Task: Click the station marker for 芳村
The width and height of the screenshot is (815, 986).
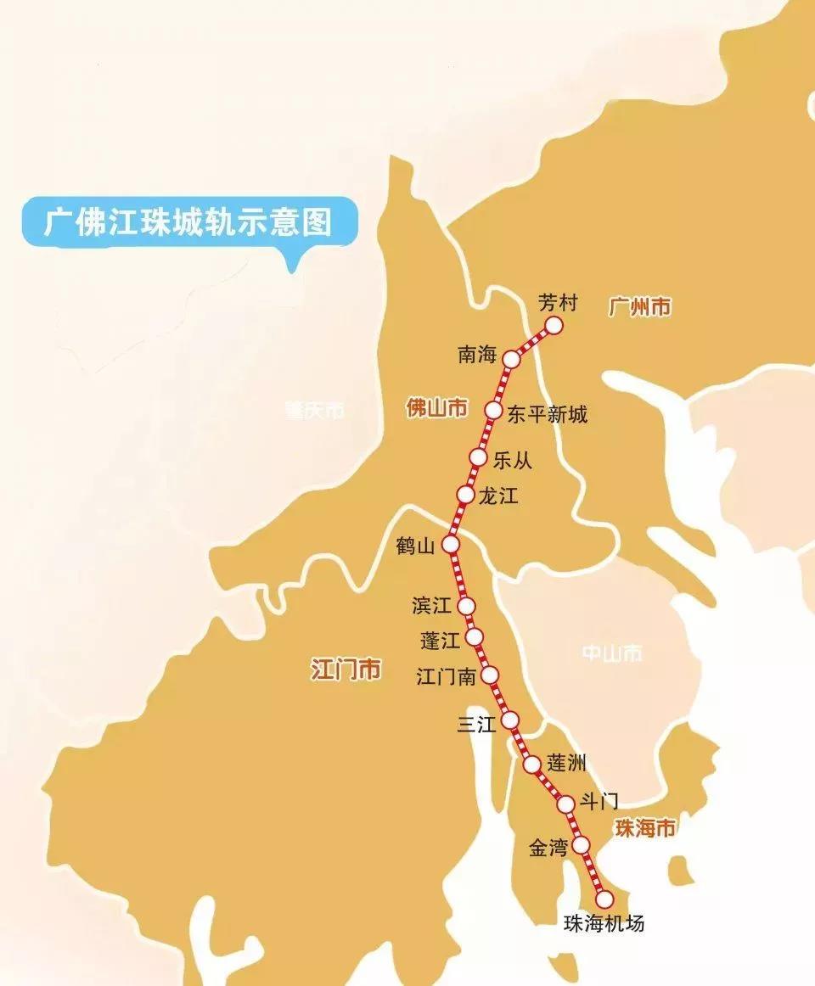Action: (x=554, y=325)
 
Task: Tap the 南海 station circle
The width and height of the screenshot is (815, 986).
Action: (x=511, y=359)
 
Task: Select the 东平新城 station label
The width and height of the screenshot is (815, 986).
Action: (x=547, y=414)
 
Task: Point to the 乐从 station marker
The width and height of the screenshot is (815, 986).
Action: (x=479, y=458)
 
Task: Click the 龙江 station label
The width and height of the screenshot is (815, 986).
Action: (x=498, y=496)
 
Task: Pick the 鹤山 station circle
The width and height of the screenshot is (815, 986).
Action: (x=451, y=544)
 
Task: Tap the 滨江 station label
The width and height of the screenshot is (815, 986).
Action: (x=430, y=606)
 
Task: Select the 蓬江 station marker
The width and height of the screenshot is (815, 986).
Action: (x=475, y=636)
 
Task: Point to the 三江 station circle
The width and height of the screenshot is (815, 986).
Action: (x=510, y=720)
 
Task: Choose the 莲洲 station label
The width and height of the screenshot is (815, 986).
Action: (x=566, y=762)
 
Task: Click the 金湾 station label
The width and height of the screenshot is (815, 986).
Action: (x=548, y=848)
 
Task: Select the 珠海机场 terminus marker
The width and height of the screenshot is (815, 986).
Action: (x=604, y=899)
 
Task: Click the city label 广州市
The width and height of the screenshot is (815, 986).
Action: (x=639, y=306)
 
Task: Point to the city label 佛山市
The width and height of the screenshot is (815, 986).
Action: (x=436, y=408)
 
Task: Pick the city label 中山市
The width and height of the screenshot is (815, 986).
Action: (x=612, y=653)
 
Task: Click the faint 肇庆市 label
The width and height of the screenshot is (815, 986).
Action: (x=315, y=411)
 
